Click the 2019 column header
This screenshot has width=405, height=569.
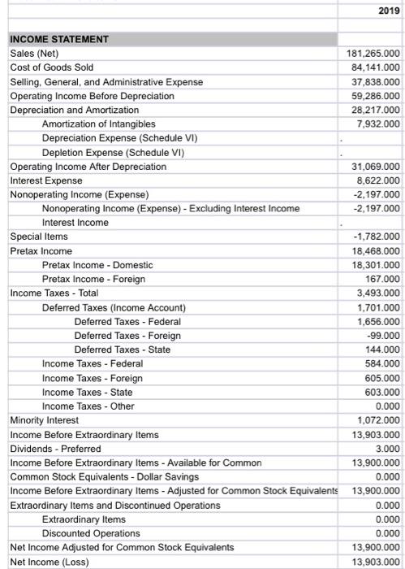[389, 11]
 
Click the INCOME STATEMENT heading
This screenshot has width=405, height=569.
[59, 38]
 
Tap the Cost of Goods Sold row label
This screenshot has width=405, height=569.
[51, 67]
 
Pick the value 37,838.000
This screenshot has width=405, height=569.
[373, 82]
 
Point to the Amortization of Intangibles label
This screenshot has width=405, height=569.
[98, 124]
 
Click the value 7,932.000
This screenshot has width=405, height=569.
[375, 124]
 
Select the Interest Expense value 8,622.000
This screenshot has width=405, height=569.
[375, 180]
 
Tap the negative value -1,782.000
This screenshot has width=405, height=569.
[373, 237]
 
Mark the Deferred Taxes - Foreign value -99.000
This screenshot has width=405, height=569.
[383, 336]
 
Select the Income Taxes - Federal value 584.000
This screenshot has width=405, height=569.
[381, 363]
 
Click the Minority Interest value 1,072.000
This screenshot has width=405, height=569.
[375, 420]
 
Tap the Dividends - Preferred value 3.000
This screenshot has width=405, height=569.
[387, 449]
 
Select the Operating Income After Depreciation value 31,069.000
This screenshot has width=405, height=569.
[373, 167]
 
